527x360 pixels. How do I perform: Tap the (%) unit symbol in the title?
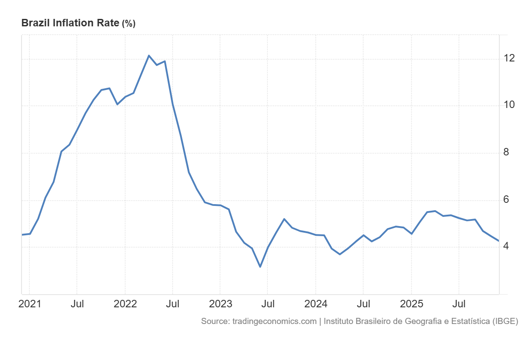pyautogui.click(x=129, y=24)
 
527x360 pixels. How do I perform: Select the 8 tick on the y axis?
pyautogui.click(x=506, y=152)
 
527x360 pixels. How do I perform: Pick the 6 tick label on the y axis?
pyautogui.click(x=506, y=199)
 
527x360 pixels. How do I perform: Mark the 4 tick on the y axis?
pyautogui.click(x=506, y=246)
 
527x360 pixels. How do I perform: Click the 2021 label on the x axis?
pyautogui.click(x=29, y=304)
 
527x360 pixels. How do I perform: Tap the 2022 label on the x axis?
pyautogui.click(x=125, y=304)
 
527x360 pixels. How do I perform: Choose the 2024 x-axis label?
pyautogui.click(x=316, y=304)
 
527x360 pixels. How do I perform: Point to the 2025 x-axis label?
pyautogui.click(x=411, y=304)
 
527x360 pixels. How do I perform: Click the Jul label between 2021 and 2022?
pyautogui.click(x=77, y=304)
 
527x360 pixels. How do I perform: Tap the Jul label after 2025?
pyautogui.click(x=459, y=304)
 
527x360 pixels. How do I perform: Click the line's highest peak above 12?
pyautogui.click(x=149, y=55)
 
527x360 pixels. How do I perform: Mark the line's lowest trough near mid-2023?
pyautogui.click(x=260, y=266)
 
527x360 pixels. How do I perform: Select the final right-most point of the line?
pyautogui.click(x=499, y=241)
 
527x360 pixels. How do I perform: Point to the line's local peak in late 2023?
pyautogui.click(x=284, y=219)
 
